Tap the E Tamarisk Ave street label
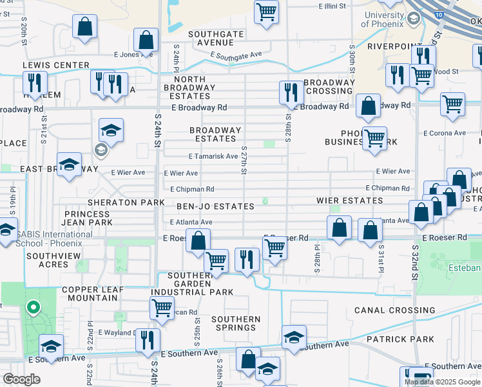(x=213, y=157)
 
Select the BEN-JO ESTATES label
(x=216, y=206)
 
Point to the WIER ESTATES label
(x=350, y=201)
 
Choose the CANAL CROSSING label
(x=387, y=310)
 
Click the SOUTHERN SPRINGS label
(x=236, y=323)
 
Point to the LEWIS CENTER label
(x=56, y=65)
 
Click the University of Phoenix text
(x=383, y=19)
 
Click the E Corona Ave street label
(x=444, y=133)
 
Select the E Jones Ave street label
(x=133, y=55)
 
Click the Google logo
(x=22, y=379)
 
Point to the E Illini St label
(x=333, y=6)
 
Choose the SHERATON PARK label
(x=122, y=202)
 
